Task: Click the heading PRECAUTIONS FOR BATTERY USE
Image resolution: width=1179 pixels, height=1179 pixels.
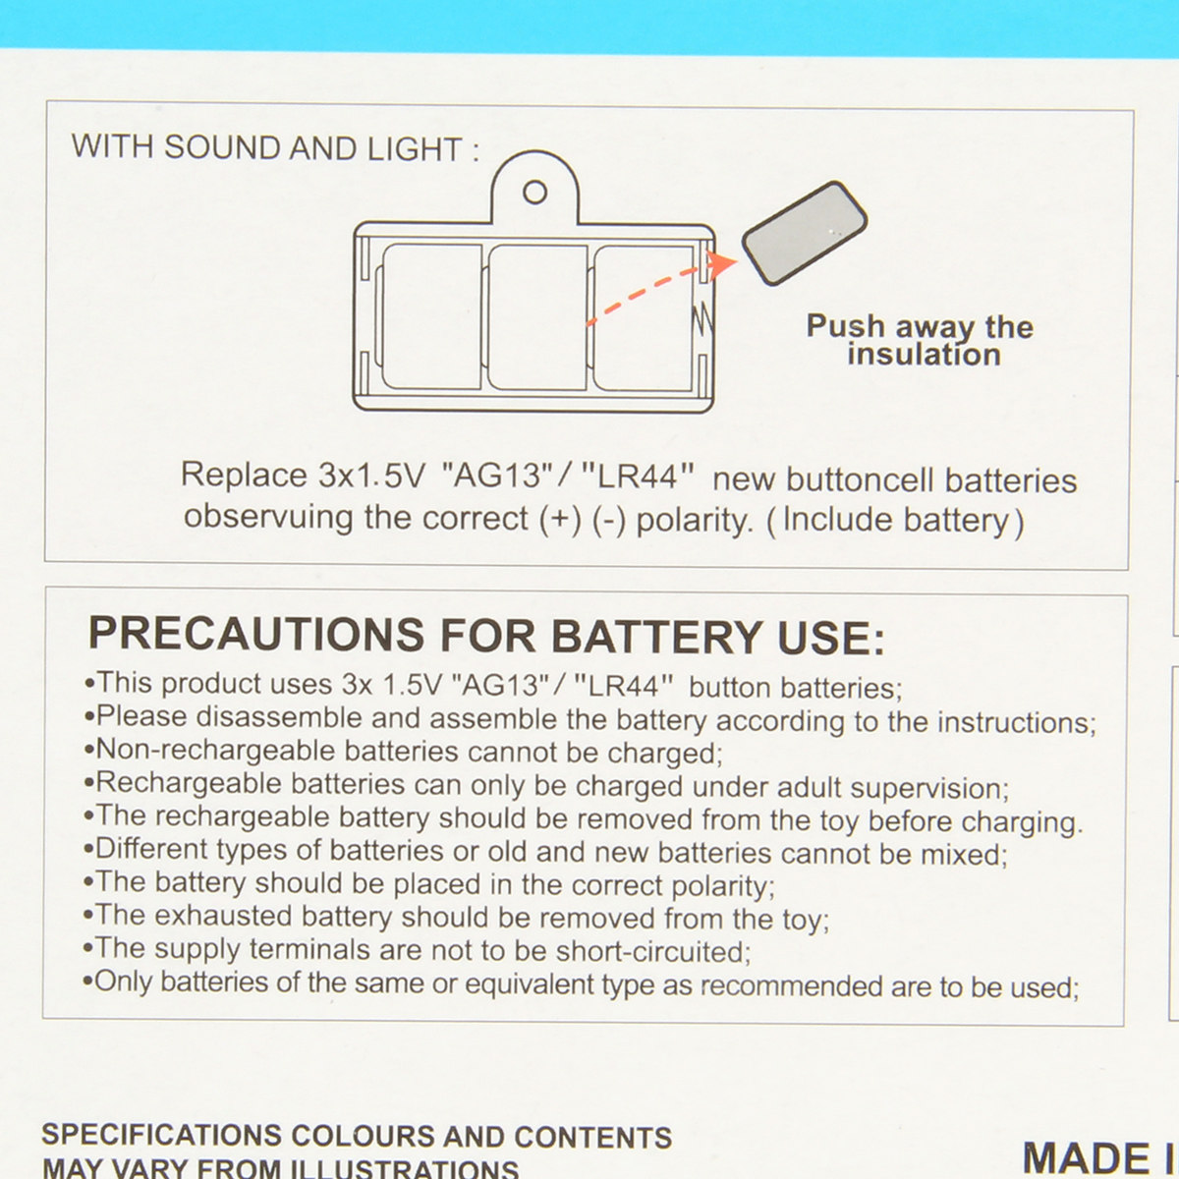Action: [x=486, y=636]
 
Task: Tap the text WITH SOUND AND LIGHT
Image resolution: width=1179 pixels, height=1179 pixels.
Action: [x=275, y=148]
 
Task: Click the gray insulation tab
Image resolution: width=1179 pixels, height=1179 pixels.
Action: [x=804, y=233]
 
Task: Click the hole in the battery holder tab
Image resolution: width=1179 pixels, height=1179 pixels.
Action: [x=534, y=192]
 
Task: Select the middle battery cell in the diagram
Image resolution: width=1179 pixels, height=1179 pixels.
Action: [x=537, y=316]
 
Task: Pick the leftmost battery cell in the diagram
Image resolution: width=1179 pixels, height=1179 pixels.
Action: [x=430, y=316]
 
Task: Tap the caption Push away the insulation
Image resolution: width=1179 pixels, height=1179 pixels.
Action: [x=920, y=340]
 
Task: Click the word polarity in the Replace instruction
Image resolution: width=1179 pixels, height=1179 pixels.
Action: [x=693, y=520]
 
